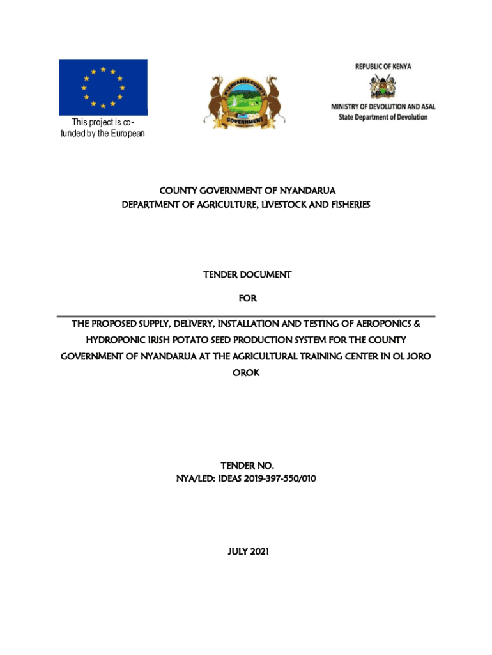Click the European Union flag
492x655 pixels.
click(x=103, y=87)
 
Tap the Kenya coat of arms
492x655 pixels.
click(x=383, y=86)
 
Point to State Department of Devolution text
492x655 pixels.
click(x=383, y=117)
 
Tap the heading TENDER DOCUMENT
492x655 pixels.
click(x=247, y=274)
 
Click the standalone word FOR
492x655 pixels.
click(x=246, y=298)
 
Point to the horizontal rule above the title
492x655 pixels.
click(x=246, y=316)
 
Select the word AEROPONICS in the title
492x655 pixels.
click(x=380, y=324)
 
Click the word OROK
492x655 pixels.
click(x=246, y=373)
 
